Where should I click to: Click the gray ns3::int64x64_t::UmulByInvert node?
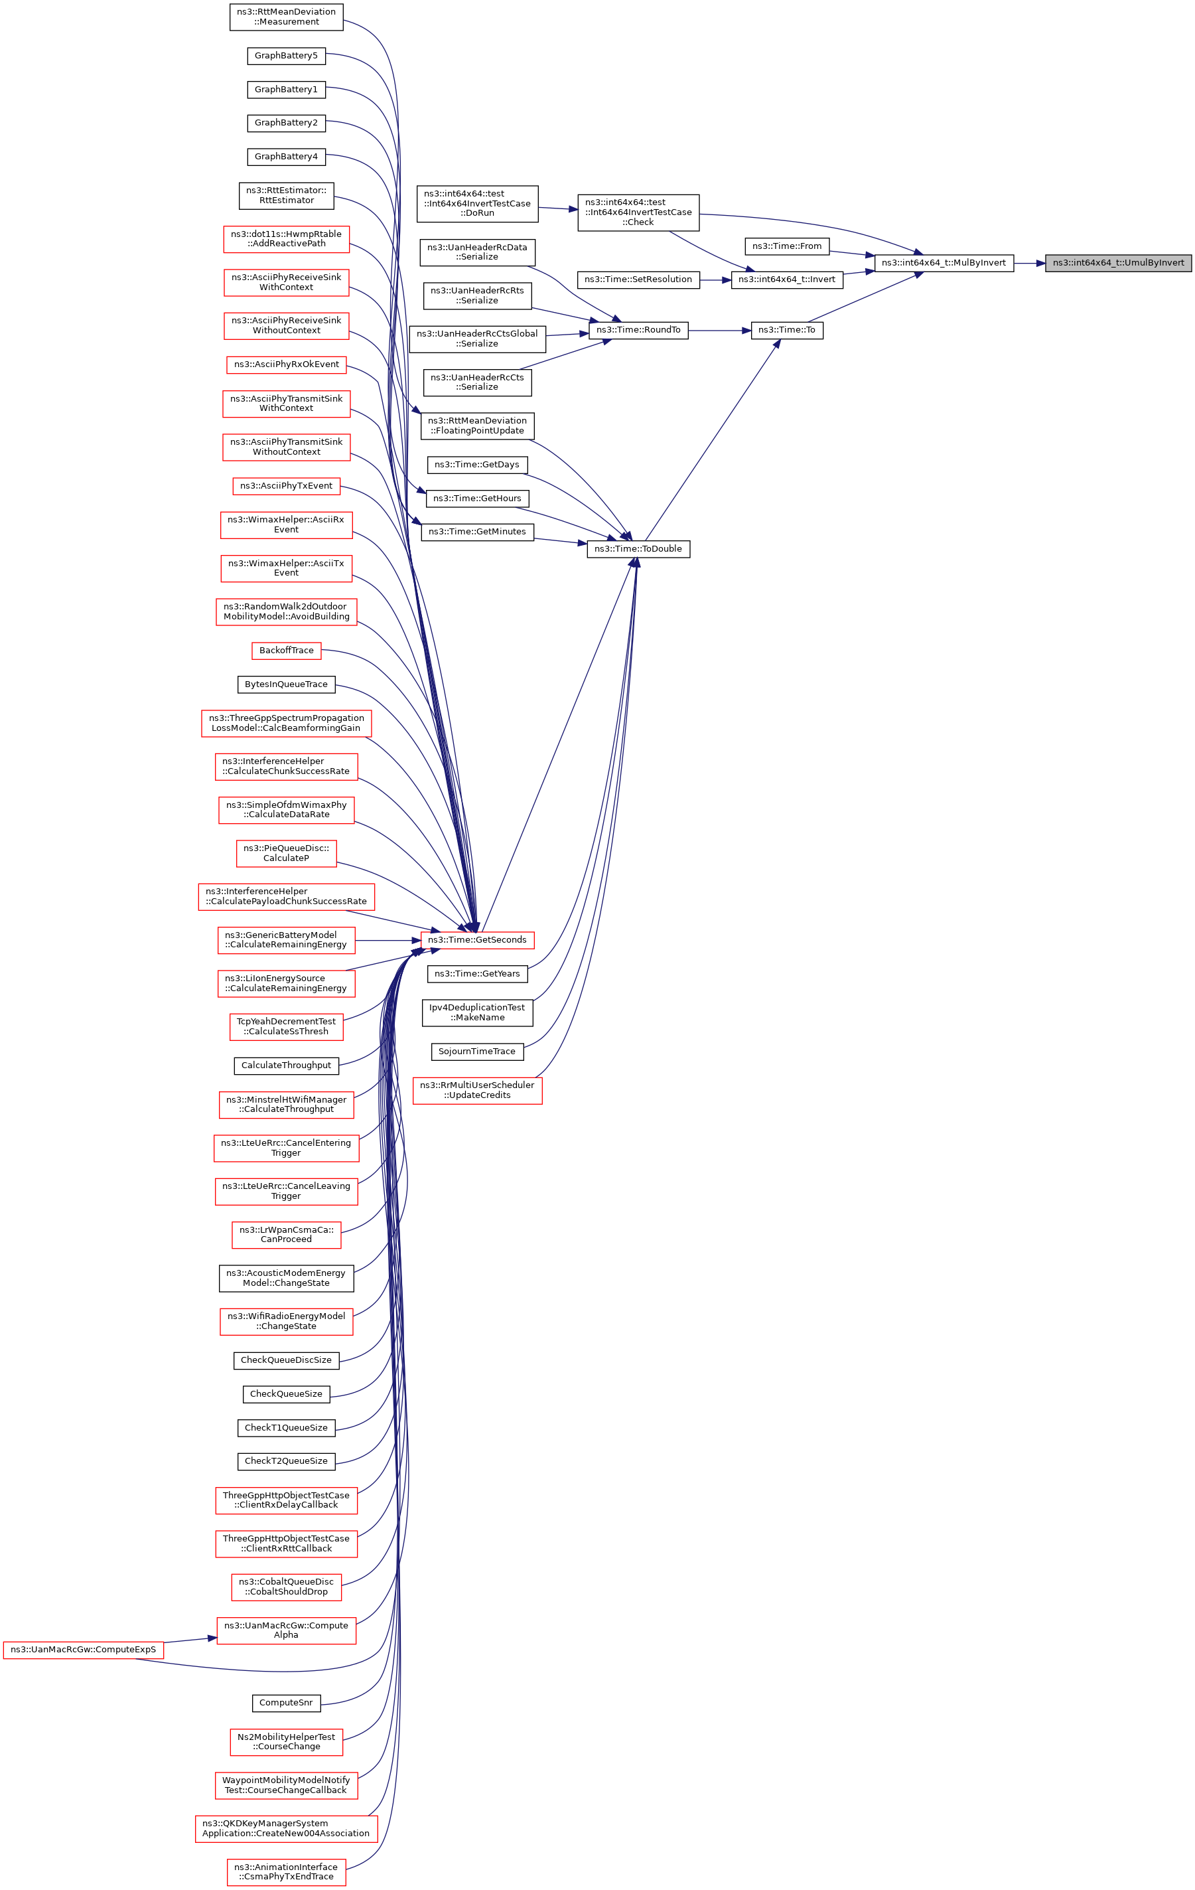click(1117, 263)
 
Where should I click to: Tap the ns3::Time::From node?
click(786, 246)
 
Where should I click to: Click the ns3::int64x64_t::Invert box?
click(786, 279)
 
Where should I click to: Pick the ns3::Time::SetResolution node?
click(638, 279)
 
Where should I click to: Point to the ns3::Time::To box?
click(786, 331)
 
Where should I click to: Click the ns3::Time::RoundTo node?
click(638, 331)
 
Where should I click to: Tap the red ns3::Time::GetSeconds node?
click(477, 940)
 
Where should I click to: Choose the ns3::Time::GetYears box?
click(477, 974)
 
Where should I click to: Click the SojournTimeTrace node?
click(477, 1052)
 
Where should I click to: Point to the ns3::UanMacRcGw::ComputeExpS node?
click(83, 1650)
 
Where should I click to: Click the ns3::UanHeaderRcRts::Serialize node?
click(477, 296)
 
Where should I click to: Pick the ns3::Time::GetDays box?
click(477, 465)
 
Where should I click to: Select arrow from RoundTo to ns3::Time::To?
click(719, 331)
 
